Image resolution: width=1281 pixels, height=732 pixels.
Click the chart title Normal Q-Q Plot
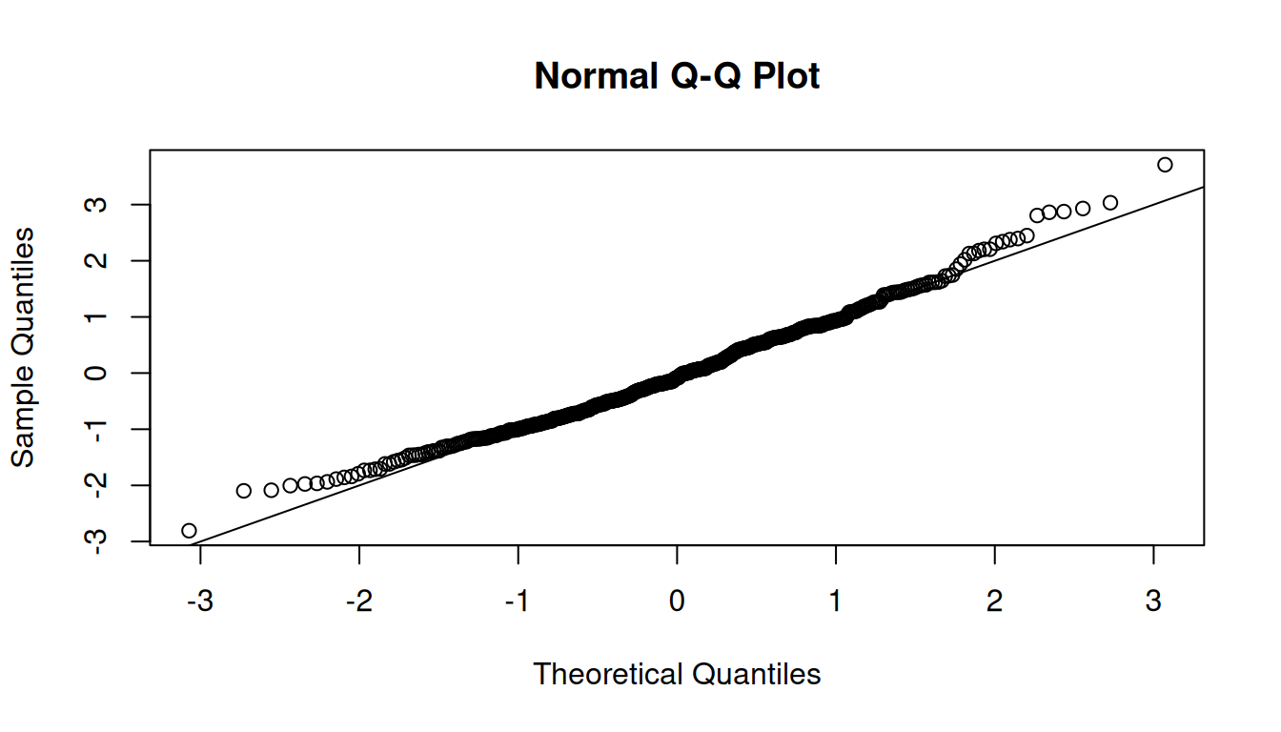point(677,76)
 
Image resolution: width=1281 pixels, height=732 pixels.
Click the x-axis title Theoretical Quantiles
point(677,674)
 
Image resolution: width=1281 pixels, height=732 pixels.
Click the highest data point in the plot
point(1165,165)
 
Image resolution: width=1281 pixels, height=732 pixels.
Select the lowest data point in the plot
point(189,531)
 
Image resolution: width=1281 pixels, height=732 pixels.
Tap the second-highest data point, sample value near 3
point(1109,203)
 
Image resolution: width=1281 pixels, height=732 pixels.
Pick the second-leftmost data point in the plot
point(243,491)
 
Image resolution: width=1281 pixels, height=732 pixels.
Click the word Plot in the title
point(786,76)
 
